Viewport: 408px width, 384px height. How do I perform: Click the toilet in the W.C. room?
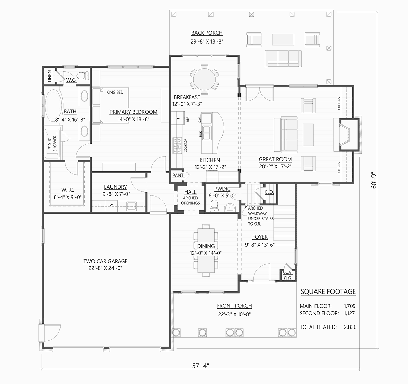(83, 76)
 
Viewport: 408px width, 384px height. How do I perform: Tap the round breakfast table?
(204, 79)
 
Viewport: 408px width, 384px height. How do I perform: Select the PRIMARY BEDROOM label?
(133, 112)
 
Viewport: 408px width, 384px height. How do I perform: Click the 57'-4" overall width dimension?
(201, 366)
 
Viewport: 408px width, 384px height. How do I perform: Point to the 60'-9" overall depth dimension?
(374, 181)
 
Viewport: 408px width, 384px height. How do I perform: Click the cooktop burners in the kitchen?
(177, 146)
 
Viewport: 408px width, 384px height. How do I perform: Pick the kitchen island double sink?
(206, 132)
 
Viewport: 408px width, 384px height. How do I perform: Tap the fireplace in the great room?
(349, 135)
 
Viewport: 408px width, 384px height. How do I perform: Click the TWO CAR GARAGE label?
(105, 261)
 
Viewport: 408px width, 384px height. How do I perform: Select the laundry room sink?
(131, 206)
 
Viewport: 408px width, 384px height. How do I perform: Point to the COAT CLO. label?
(288, 275)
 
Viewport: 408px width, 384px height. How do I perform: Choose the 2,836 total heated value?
(350, 327)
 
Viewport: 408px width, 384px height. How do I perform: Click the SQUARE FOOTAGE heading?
(328, 291)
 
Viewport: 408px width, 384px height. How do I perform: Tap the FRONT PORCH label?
(234, 306)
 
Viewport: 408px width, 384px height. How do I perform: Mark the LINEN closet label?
(50, 76)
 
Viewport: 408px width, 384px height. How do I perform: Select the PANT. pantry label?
(178, 176)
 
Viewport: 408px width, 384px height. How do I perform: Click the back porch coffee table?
(283, 39)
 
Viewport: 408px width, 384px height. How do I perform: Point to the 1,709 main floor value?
(350, 306)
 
